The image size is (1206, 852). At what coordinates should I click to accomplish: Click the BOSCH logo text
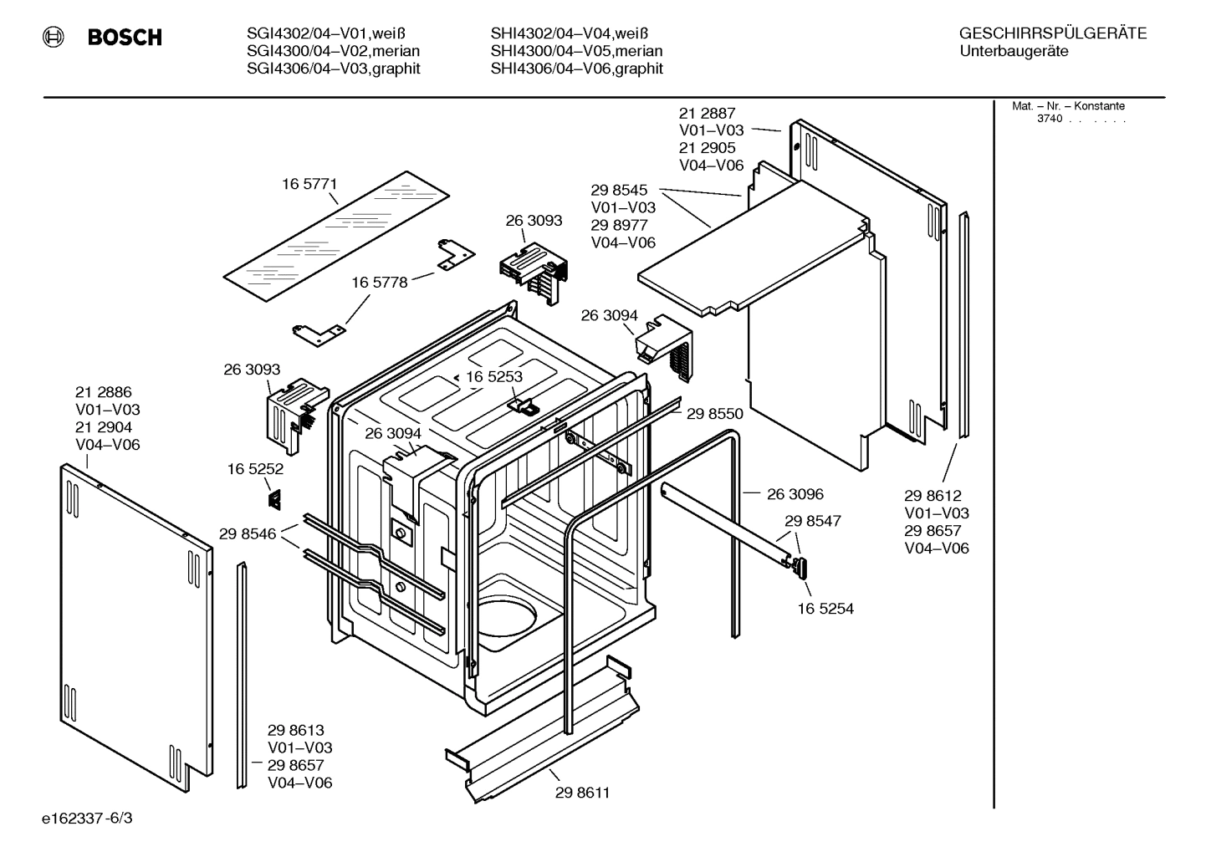[x=124, y=38]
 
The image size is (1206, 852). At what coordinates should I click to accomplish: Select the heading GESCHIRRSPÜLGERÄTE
[x=1052, y=33]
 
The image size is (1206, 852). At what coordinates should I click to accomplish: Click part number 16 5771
[x=309, y=184]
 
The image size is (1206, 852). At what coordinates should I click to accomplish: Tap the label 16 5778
[x=379, y=283]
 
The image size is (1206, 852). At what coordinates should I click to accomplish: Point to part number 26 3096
[x=795, y=494]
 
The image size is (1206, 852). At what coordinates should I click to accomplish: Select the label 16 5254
[x=825, y=609]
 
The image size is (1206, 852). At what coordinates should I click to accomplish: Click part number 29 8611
[x=582, y=792]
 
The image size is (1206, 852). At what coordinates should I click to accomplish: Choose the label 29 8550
[x=714, y=413]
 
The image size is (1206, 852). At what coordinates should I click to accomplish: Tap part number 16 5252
[x=255, y=470]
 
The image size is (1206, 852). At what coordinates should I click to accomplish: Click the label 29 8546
[x=248, y=533]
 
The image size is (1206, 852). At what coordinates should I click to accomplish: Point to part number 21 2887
[x=707, y=113]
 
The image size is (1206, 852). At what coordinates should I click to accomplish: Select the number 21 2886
[x=103, y=392]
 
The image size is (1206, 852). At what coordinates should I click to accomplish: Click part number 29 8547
[x=812, y=521]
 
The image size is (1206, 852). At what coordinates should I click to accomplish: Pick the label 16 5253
[x=493, y=377]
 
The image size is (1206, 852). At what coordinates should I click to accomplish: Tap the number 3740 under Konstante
[x=1049, y=119]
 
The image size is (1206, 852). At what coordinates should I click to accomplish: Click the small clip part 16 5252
[x=274, y=499]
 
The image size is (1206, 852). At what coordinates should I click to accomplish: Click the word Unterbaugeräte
[x=1013, y=52]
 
